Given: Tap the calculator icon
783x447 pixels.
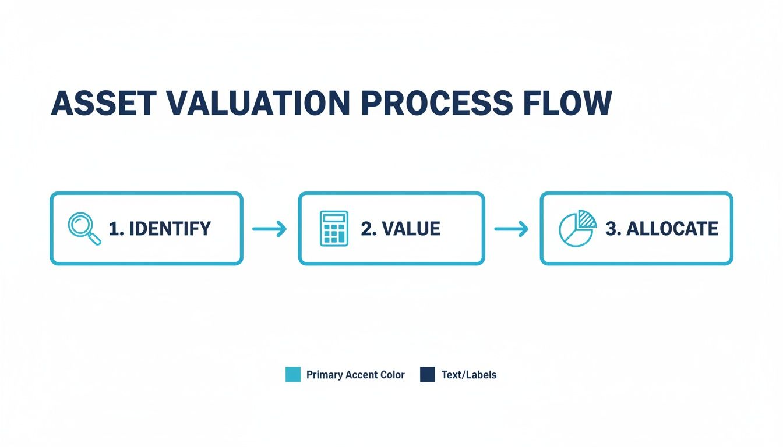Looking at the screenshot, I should [x=334, y=228].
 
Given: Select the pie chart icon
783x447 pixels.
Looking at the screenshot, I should [x=576, y=229].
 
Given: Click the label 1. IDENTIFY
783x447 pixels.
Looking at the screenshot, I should [x=160, y=229].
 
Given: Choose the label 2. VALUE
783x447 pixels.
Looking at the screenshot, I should [x=400, y=229].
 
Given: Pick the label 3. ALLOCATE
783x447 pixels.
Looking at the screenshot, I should [x=662, y=229].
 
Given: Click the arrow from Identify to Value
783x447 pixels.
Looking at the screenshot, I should [x=270, y=229].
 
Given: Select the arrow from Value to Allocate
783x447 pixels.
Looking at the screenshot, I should [x=512, y=229].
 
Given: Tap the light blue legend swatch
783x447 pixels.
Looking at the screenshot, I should [x=293, y=375].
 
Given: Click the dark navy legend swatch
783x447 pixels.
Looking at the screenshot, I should [x=428, y=375].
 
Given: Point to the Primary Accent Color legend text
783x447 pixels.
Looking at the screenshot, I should [x=355, y=375].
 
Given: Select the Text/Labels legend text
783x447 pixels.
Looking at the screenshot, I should [x=469, y=375].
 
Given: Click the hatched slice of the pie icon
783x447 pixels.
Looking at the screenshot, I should [x=587, y=219].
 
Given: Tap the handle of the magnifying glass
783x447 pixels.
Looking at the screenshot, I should [x=95, y=239].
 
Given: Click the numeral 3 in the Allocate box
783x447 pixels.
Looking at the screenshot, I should [x=611, y=229].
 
